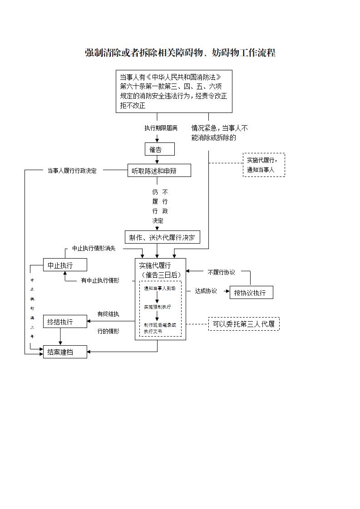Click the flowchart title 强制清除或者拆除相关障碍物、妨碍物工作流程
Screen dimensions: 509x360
click(180, 53)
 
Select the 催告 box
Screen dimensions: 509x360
click(157, 149)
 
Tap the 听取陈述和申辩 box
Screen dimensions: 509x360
click(158, 171)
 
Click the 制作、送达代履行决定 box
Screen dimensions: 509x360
click(162, 237)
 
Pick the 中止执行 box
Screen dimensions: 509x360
click(64, 265)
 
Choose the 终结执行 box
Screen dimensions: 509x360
click(64, 322)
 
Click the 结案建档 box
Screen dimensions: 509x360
click(64, 352)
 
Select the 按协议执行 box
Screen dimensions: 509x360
click(251, 293)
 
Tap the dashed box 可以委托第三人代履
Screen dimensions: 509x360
click(244, 324)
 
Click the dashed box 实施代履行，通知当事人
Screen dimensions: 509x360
click(264, 165)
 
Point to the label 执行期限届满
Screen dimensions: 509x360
click(161, 128)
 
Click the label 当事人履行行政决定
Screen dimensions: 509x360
click(72, 171)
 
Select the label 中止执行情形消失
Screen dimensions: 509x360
click(94, 249)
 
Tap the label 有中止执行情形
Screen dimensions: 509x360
click(100, 280)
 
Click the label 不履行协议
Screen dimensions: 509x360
click(221, 272)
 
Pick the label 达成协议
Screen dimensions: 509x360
click(206, 291)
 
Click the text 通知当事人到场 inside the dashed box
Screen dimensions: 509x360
click(159, 289)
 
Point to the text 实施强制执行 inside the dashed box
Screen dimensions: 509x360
click(157, 307)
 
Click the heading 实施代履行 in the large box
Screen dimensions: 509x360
click(155, 266)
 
